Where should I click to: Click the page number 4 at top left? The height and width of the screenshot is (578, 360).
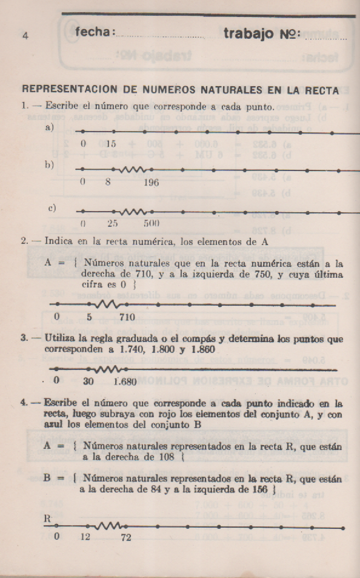(25, 35)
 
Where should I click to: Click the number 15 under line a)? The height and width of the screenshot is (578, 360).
(111, 144)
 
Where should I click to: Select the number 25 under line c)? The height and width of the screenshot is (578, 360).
(112, 223)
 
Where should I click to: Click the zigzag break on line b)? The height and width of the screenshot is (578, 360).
(132, 169)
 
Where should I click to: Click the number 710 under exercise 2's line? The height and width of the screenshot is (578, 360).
(127, 317)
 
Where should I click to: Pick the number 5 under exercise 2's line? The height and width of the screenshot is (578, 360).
(89, 317)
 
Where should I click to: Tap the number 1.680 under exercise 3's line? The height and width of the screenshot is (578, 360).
(127, 381)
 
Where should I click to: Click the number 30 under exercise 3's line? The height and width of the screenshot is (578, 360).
(89, 381)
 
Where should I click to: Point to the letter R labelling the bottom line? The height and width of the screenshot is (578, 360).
(47, 519)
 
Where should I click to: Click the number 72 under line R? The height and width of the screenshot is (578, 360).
(126, 538)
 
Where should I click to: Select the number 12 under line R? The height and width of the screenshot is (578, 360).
(85, 538)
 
